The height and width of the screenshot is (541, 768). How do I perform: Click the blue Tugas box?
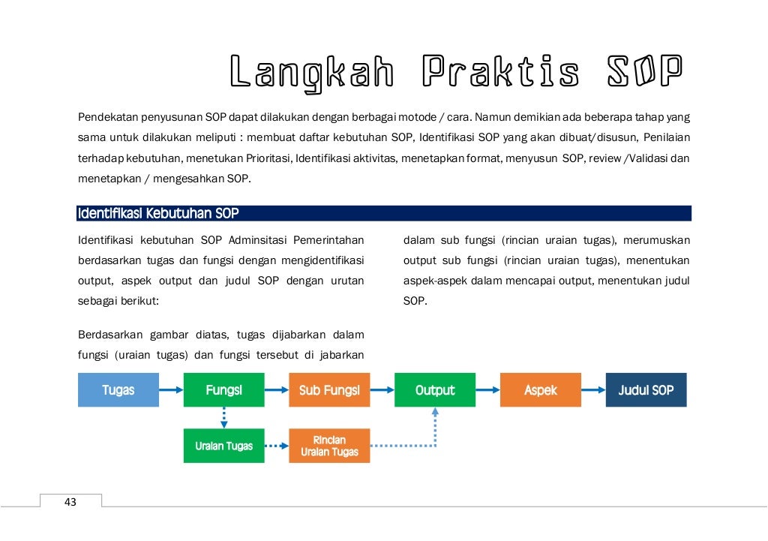(x=118, y=390)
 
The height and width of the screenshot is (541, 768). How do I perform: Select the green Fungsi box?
(x=223, y=390)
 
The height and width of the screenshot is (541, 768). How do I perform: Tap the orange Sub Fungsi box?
(x=329, y=390)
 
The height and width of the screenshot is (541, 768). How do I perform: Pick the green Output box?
(x=435, y=390)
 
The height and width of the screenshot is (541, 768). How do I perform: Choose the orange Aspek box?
(x=541, y=390)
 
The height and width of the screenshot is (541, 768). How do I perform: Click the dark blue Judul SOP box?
(x=646, y=390)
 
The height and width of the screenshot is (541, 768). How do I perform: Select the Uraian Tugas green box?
(x=223, y=446)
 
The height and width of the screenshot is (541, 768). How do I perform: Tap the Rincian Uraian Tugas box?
(x=329, y=446)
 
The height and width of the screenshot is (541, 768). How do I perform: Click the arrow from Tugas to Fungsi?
(x=171, y=390)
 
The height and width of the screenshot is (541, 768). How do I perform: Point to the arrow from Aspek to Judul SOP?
(x=593, y=390)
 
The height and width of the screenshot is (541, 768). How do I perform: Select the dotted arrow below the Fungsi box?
(x=223, y=418)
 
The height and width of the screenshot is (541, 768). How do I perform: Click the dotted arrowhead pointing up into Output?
(x=435, y=413)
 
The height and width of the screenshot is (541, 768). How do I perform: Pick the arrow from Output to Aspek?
(x=487, y=390)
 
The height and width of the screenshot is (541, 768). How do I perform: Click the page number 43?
(x=70, y=502)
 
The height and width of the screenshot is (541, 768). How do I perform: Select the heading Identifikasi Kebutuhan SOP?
(x=158, y=214)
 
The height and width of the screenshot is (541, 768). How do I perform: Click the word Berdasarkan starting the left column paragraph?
(x=109, y=334)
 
